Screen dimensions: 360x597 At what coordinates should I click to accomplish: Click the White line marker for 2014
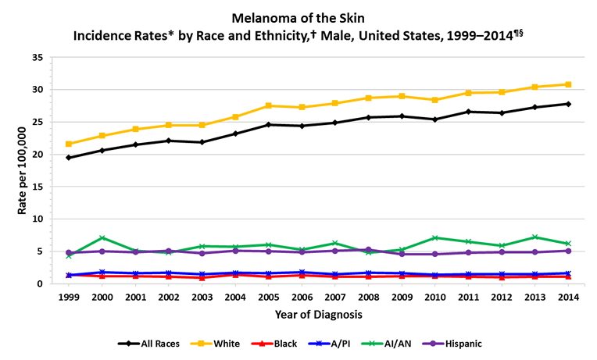coord(568,84)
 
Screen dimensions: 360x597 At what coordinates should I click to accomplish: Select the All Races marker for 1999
coord(69,158)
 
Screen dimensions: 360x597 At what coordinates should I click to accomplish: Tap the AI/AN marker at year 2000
coord(102,238)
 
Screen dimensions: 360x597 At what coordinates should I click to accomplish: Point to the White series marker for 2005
coord(269,105)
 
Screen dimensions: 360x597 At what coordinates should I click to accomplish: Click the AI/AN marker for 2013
coord(535,237)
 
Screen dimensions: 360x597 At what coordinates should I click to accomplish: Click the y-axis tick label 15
coord(38,187)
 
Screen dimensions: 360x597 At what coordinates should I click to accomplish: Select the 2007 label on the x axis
coord(335,298)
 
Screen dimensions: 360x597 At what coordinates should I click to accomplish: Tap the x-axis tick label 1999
coord(69,298)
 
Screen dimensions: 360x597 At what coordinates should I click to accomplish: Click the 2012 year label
coord(502,298)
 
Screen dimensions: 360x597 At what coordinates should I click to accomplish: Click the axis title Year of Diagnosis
coord(318,315)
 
